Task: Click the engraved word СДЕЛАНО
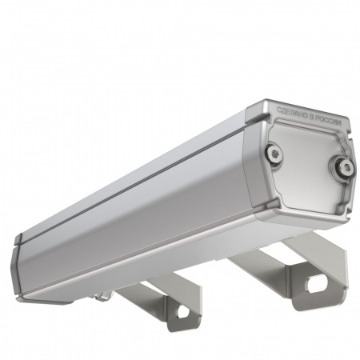click(x=290, y=111)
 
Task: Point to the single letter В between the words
click(x=312, y=117)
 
